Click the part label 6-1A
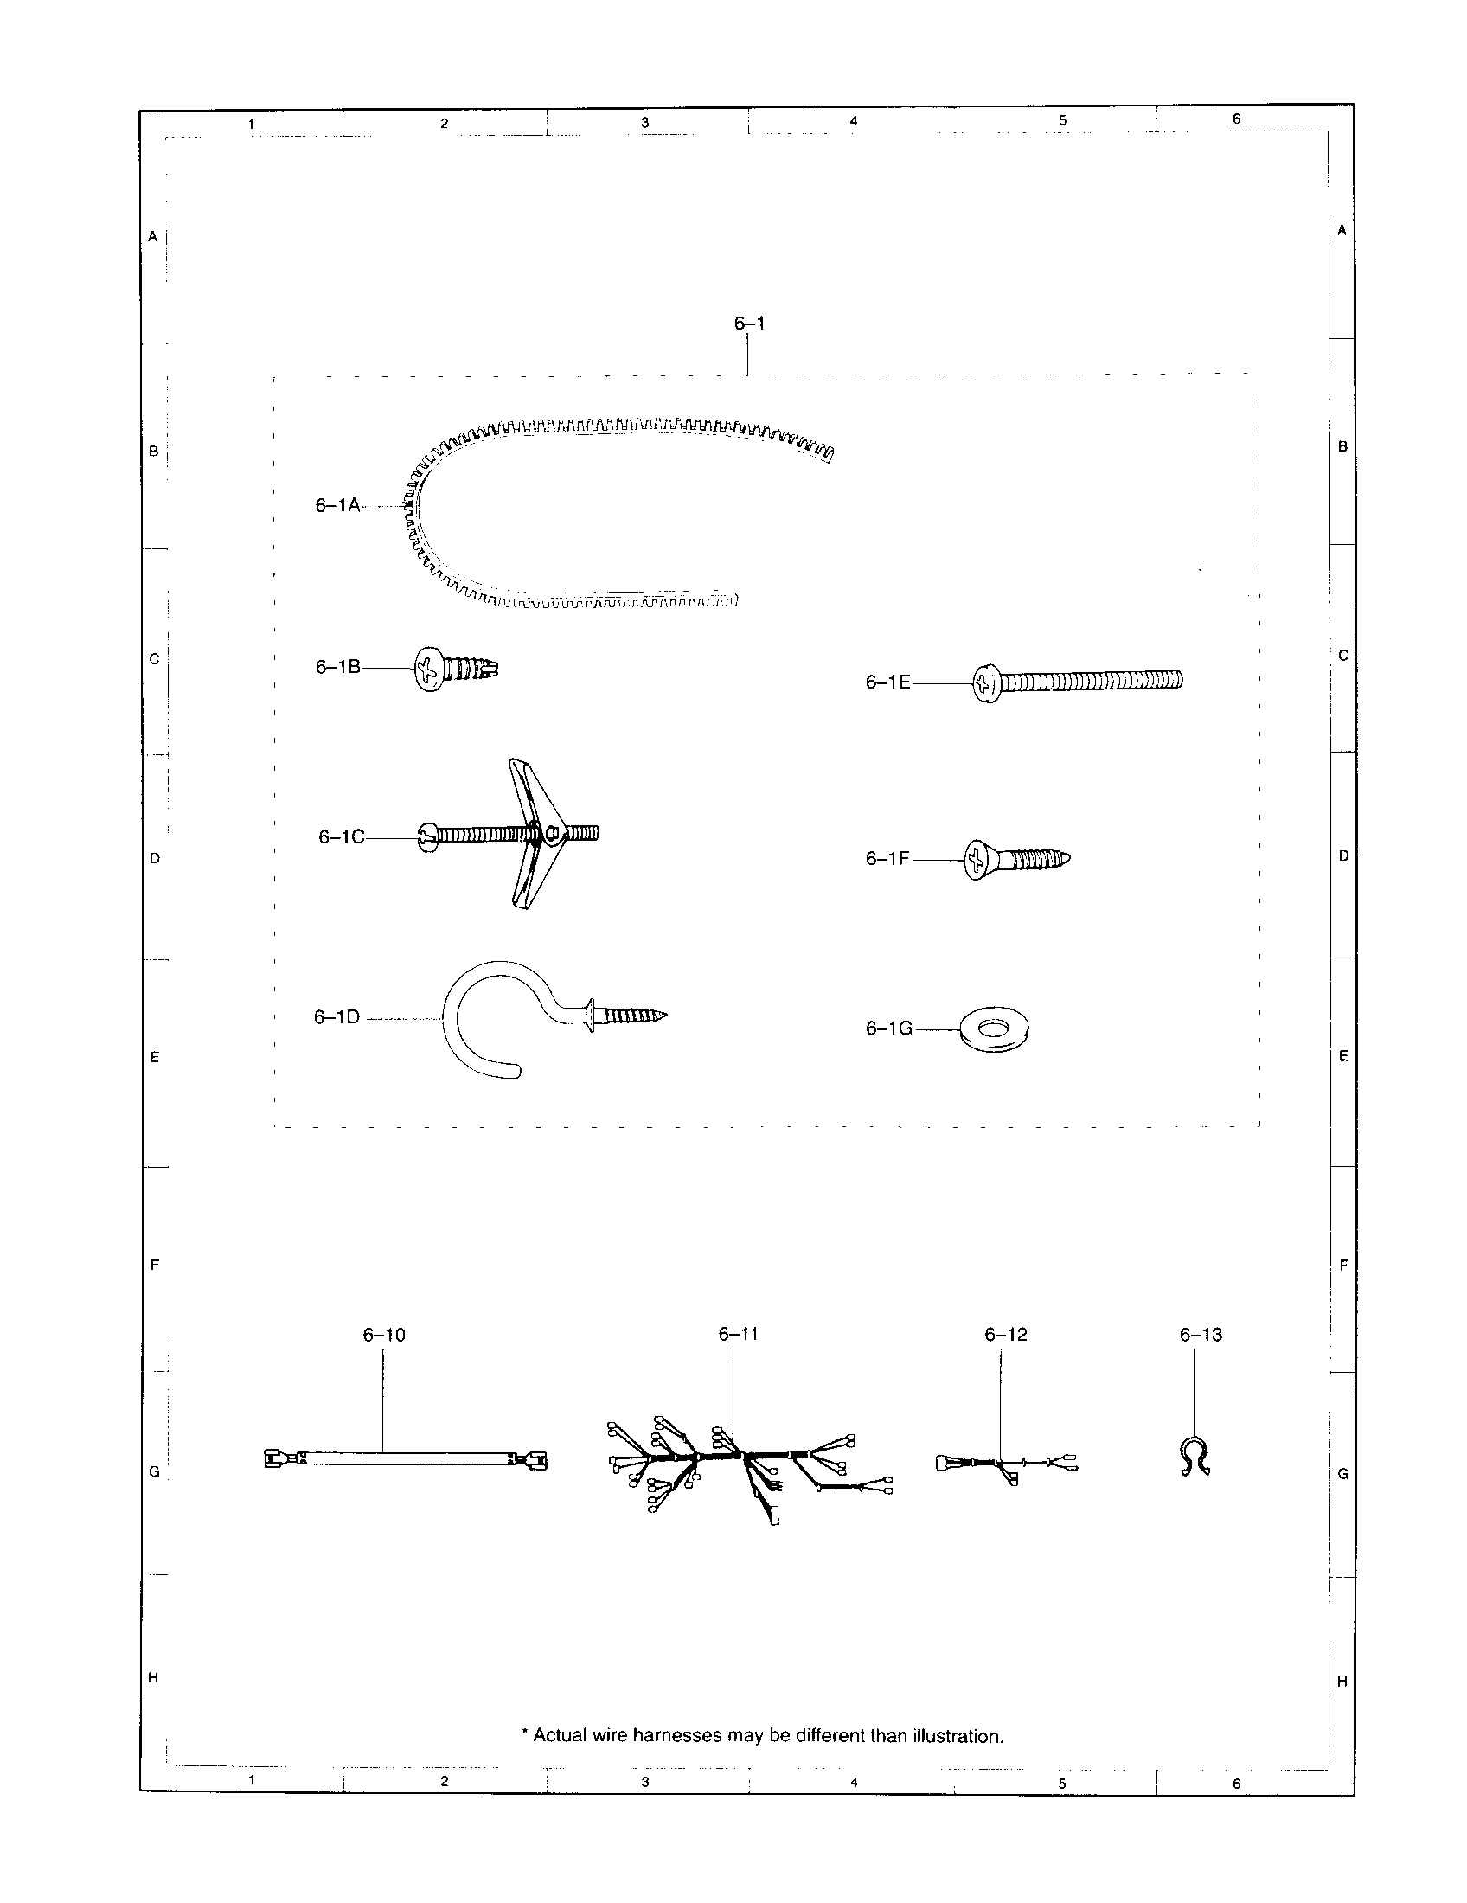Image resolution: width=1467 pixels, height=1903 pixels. click(x=337, y=505)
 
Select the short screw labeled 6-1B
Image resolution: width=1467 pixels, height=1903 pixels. click(x=455, y=670)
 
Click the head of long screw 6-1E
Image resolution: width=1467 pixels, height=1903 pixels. click(x=986, y=683)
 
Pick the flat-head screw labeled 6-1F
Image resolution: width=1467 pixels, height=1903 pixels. click(x=1015, y=860)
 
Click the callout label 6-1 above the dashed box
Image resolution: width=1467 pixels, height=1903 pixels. click(x=749, y=324)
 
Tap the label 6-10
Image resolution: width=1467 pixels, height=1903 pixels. click(x=384, y=1335)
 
